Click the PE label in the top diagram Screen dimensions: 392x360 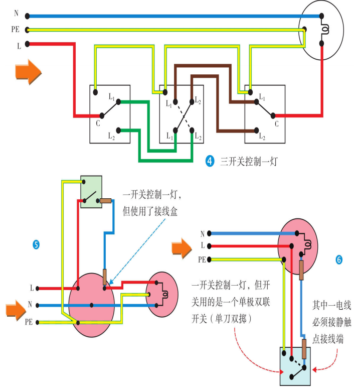click(x=15, y=30)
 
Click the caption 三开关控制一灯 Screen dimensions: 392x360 click(x=249, y=162)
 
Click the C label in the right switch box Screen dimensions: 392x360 click(x=276, y=123)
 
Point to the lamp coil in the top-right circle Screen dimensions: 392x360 click(x=325, y=30)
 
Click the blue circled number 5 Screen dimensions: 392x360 click(x=36, y=245)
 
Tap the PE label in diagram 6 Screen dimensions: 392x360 click(x=202, y=259)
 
